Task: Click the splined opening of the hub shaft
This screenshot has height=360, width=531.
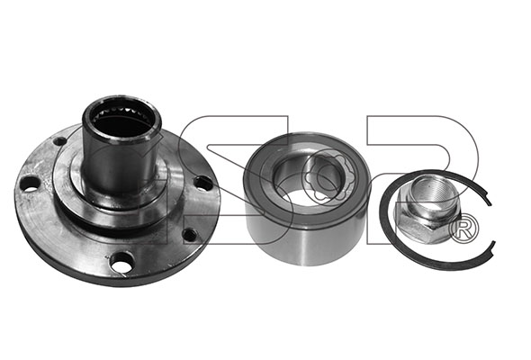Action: (x=121, y=121)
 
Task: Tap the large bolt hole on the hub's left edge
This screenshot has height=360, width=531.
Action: (x=30, y=184)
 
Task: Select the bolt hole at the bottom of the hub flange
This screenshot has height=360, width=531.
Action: (x=121, y=263)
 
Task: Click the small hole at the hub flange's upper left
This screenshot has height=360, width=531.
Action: (x=60, y=140)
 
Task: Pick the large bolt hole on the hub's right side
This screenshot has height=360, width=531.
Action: (x=204, y=184)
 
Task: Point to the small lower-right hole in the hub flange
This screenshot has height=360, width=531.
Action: (x=189, y=234)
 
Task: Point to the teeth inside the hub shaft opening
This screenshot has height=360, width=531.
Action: (x=121, y=112)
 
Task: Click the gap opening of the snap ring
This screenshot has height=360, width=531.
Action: (x=491, y=223)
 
